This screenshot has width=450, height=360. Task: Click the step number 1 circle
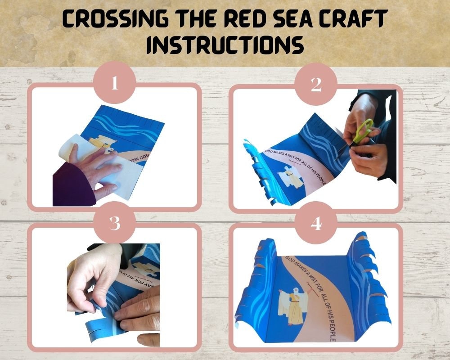pos(114,84)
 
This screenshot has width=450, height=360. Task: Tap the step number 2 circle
pos(316,85)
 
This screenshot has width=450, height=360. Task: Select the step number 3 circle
pos(114,224)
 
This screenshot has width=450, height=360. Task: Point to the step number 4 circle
pos(316,224)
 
